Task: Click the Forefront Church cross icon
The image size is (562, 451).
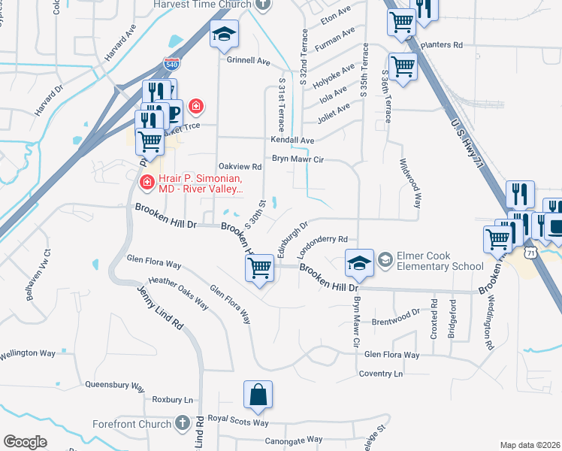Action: (182, 423)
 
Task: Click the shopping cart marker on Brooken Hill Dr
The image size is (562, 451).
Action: (259, 267)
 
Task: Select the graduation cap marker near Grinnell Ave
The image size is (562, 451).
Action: (224, 35)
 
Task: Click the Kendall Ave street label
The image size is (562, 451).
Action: (292, 141)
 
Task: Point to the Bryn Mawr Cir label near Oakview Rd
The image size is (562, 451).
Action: (298, 159)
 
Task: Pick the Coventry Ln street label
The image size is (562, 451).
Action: (381, 374)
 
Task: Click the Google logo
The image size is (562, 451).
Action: (25, 442)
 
